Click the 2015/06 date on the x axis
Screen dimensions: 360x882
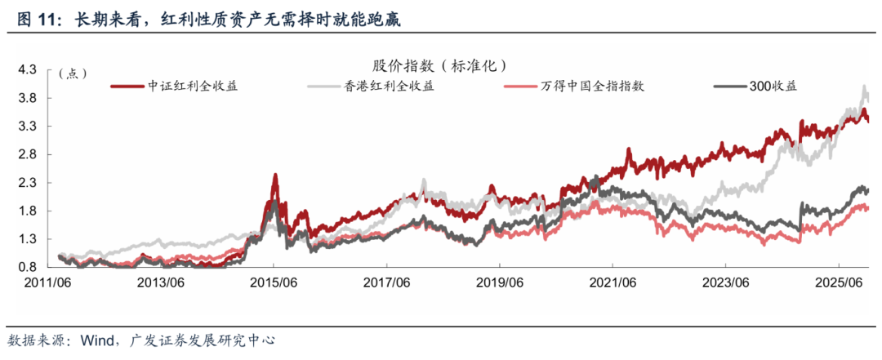click(274, 282)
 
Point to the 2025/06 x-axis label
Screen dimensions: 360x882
click(839, 282)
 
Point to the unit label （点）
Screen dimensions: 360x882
click(73, 73)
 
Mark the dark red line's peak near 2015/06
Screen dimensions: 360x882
click(275, 174)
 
